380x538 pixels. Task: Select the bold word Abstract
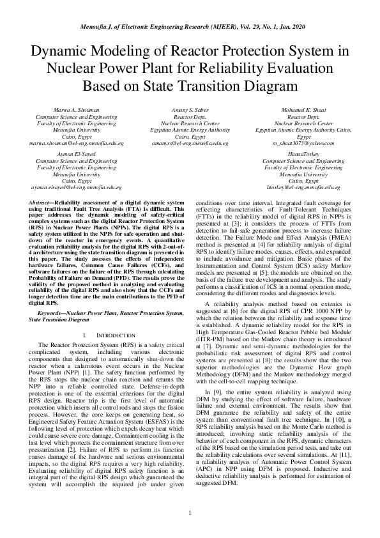click(42, 201)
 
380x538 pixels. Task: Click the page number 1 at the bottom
click(190, 513)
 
